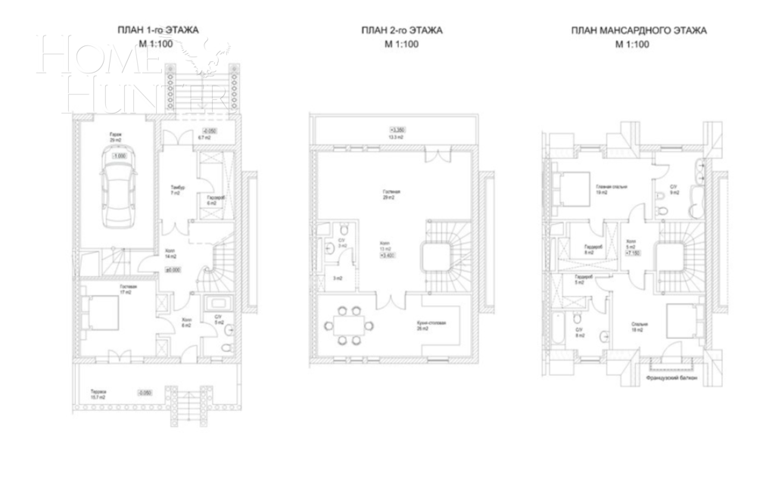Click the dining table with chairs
click(348, 325)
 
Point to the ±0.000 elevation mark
click(172, 269)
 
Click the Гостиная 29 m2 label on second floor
click(391, 195)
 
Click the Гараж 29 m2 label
click(116, 138)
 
